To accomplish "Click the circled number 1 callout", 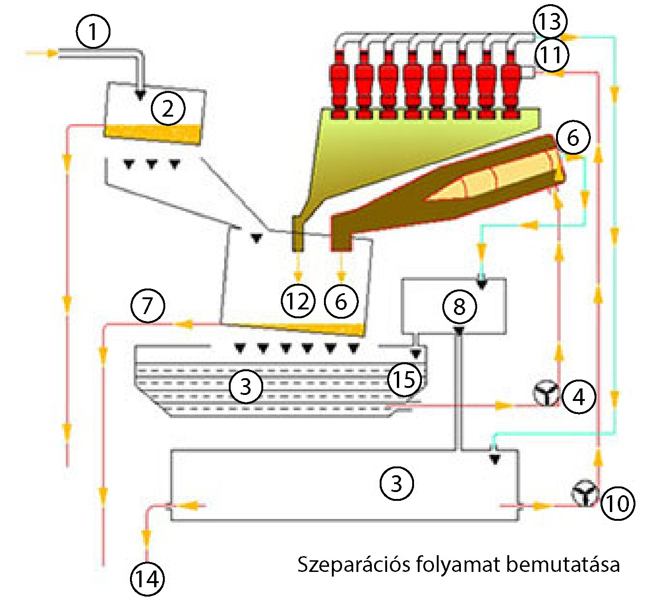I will pyautogui.click(x=93, y=32).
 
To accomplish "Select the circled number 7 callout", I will pyautogui.click(x=148, y=306).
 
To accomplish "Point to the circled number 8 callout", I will pyautogui.click(x=459, y=306).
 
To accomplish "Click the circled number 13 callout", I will pyautogui.click(x=550, y=21).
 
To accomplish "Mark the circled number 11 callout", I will pyautogui.click(x=551, y=55).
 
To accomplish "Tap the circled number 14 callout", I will pyautogui.click(x=148, y=579).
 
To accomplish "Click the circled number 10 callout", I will pyautogui.click(x=617, y=503).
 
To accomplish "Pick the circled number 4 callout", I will pyautogui.click(x=579, y=397).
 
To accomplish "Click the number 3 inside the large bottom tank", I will pyautogui.click(x=396, y=483).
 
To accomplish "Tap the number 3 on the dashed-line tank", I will pyautogui.click(x=245, y=385).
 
